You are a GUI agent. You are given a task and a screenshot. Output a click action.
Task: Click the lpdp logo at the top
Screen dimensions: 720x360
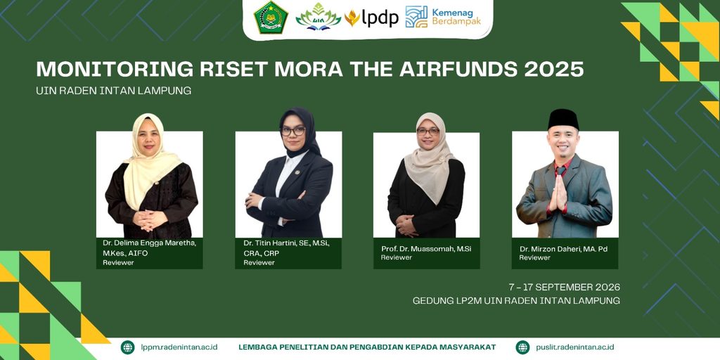[x=371, y=18]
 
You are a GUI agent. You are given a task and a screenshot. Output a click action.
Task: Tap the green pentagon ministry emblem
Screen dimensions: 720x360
[x=271, y=18]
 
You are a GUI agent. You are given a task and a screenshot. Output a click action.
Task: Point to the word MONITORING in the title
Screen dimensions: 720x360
[x=115, y=69]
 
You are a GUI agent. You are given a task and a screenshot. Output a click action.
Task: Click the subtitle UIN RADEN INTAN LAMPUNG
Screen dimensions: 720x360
[x=113, y=91]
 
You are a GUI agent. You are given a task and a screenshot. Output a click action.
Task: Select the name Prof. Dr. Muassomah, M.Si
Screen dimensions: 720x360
[x=426, y=249]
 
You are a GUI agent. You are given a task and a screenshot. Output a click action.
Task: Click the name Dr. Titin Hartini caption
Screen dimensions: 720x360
[x=287, y=248]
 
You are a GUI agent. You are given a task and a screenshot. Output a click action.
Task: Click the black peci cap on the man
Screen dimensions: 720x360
[x=563, y=119]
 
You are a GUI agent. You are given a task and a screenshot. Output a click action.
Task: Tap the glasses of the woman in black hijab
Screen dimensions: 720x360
[x=293, y=131]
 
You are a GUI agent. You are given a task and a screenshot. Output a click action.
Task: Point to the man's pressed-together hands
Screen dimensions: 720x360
[x=558, y=193]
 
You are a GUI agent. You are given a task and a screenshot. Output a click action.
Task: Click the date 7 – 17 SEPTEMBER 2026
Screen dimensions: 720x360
[x=565, y=288]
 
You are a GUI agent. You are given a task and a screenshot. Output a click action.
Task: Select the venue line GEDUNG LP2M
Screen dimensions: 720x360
[x=516, y=301]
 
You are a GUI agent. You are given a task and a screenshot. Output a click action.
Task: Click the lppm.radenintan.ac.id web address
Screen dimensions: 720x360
[x=179, y=347]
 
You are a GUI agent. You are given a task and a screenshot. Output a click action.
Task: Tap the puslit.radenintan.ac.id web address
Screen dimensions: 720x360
[x=575, y=347]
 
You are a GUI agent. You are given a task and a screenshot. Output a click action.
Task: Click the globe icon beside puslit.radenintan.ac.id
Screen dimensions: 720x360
[x=522, y=347]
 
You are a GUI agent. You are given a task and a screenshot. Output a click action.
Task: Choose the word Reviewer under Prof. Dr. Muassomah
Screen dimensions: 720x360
[x=397, y=257]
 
